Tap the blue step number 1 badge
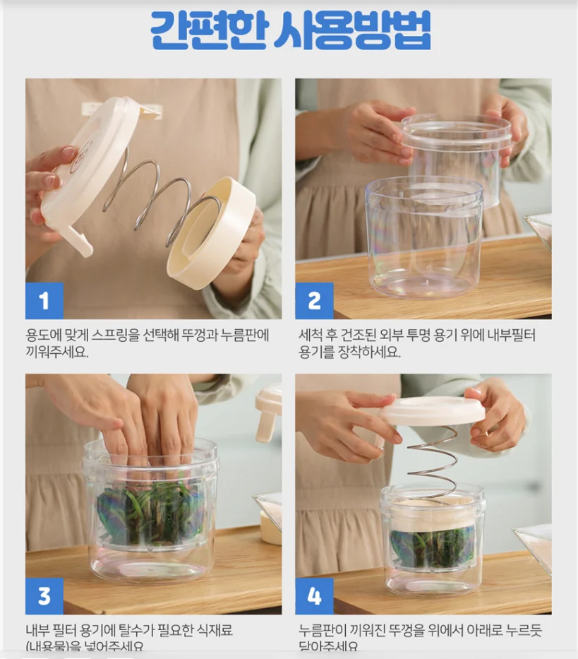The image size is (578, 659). tap(44, 301)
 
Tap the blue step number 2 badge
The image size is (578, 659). tap(314, 301)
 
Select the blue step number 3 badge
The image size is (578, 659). tap(44, 596)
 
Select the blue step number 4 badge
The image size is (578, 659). tap(314, 596)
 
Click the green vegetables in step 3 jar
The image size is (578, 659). tap(152, 512)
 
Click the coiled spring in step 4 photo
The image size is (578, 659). tap(431, 463)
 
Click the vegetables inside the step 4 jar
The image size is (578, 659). tap(432, 547)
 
